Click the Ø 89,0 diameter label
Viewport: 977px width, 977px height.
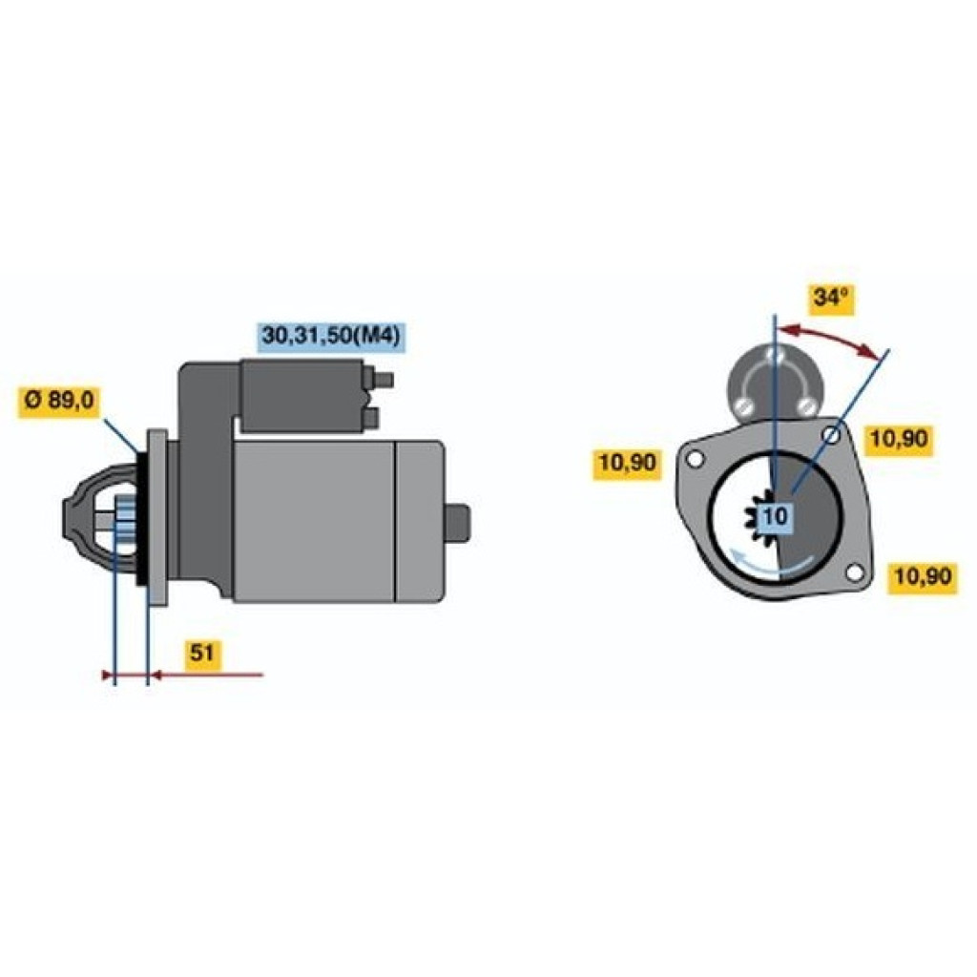click(x=59, y=402)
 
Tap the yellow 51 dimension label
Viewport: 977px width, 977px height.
click(x=201, y=654)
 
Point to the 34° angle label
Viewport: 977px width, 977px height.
click(x=829, y=298)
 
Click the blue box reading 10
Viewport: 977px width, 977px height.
click(x=777, y=517)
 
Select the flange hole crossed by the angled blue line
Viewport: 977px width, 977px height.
click(x=833, y=435)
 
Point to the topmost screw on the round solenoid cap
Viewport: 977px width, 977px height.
click(x=777, y=354)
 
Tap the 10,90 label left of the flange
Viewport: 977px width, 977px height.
click(x=626, y=463)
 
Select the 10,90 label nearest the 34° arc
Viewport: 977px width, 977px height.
click(x=898, y=439)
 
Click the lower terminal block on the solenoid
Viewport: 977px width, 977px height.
click(x=372, y=417)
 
